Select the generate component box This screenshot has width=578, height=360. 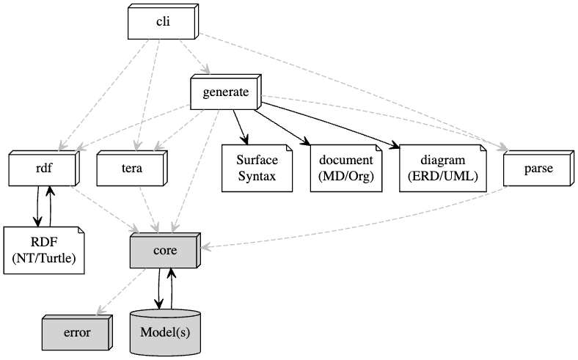pos(225,92)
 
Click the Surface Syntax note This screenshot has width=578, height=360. pos(255,169)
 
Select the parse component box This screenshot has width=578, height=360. pos(538,169)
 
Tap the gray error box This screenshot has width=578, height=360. pos(76,332)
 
